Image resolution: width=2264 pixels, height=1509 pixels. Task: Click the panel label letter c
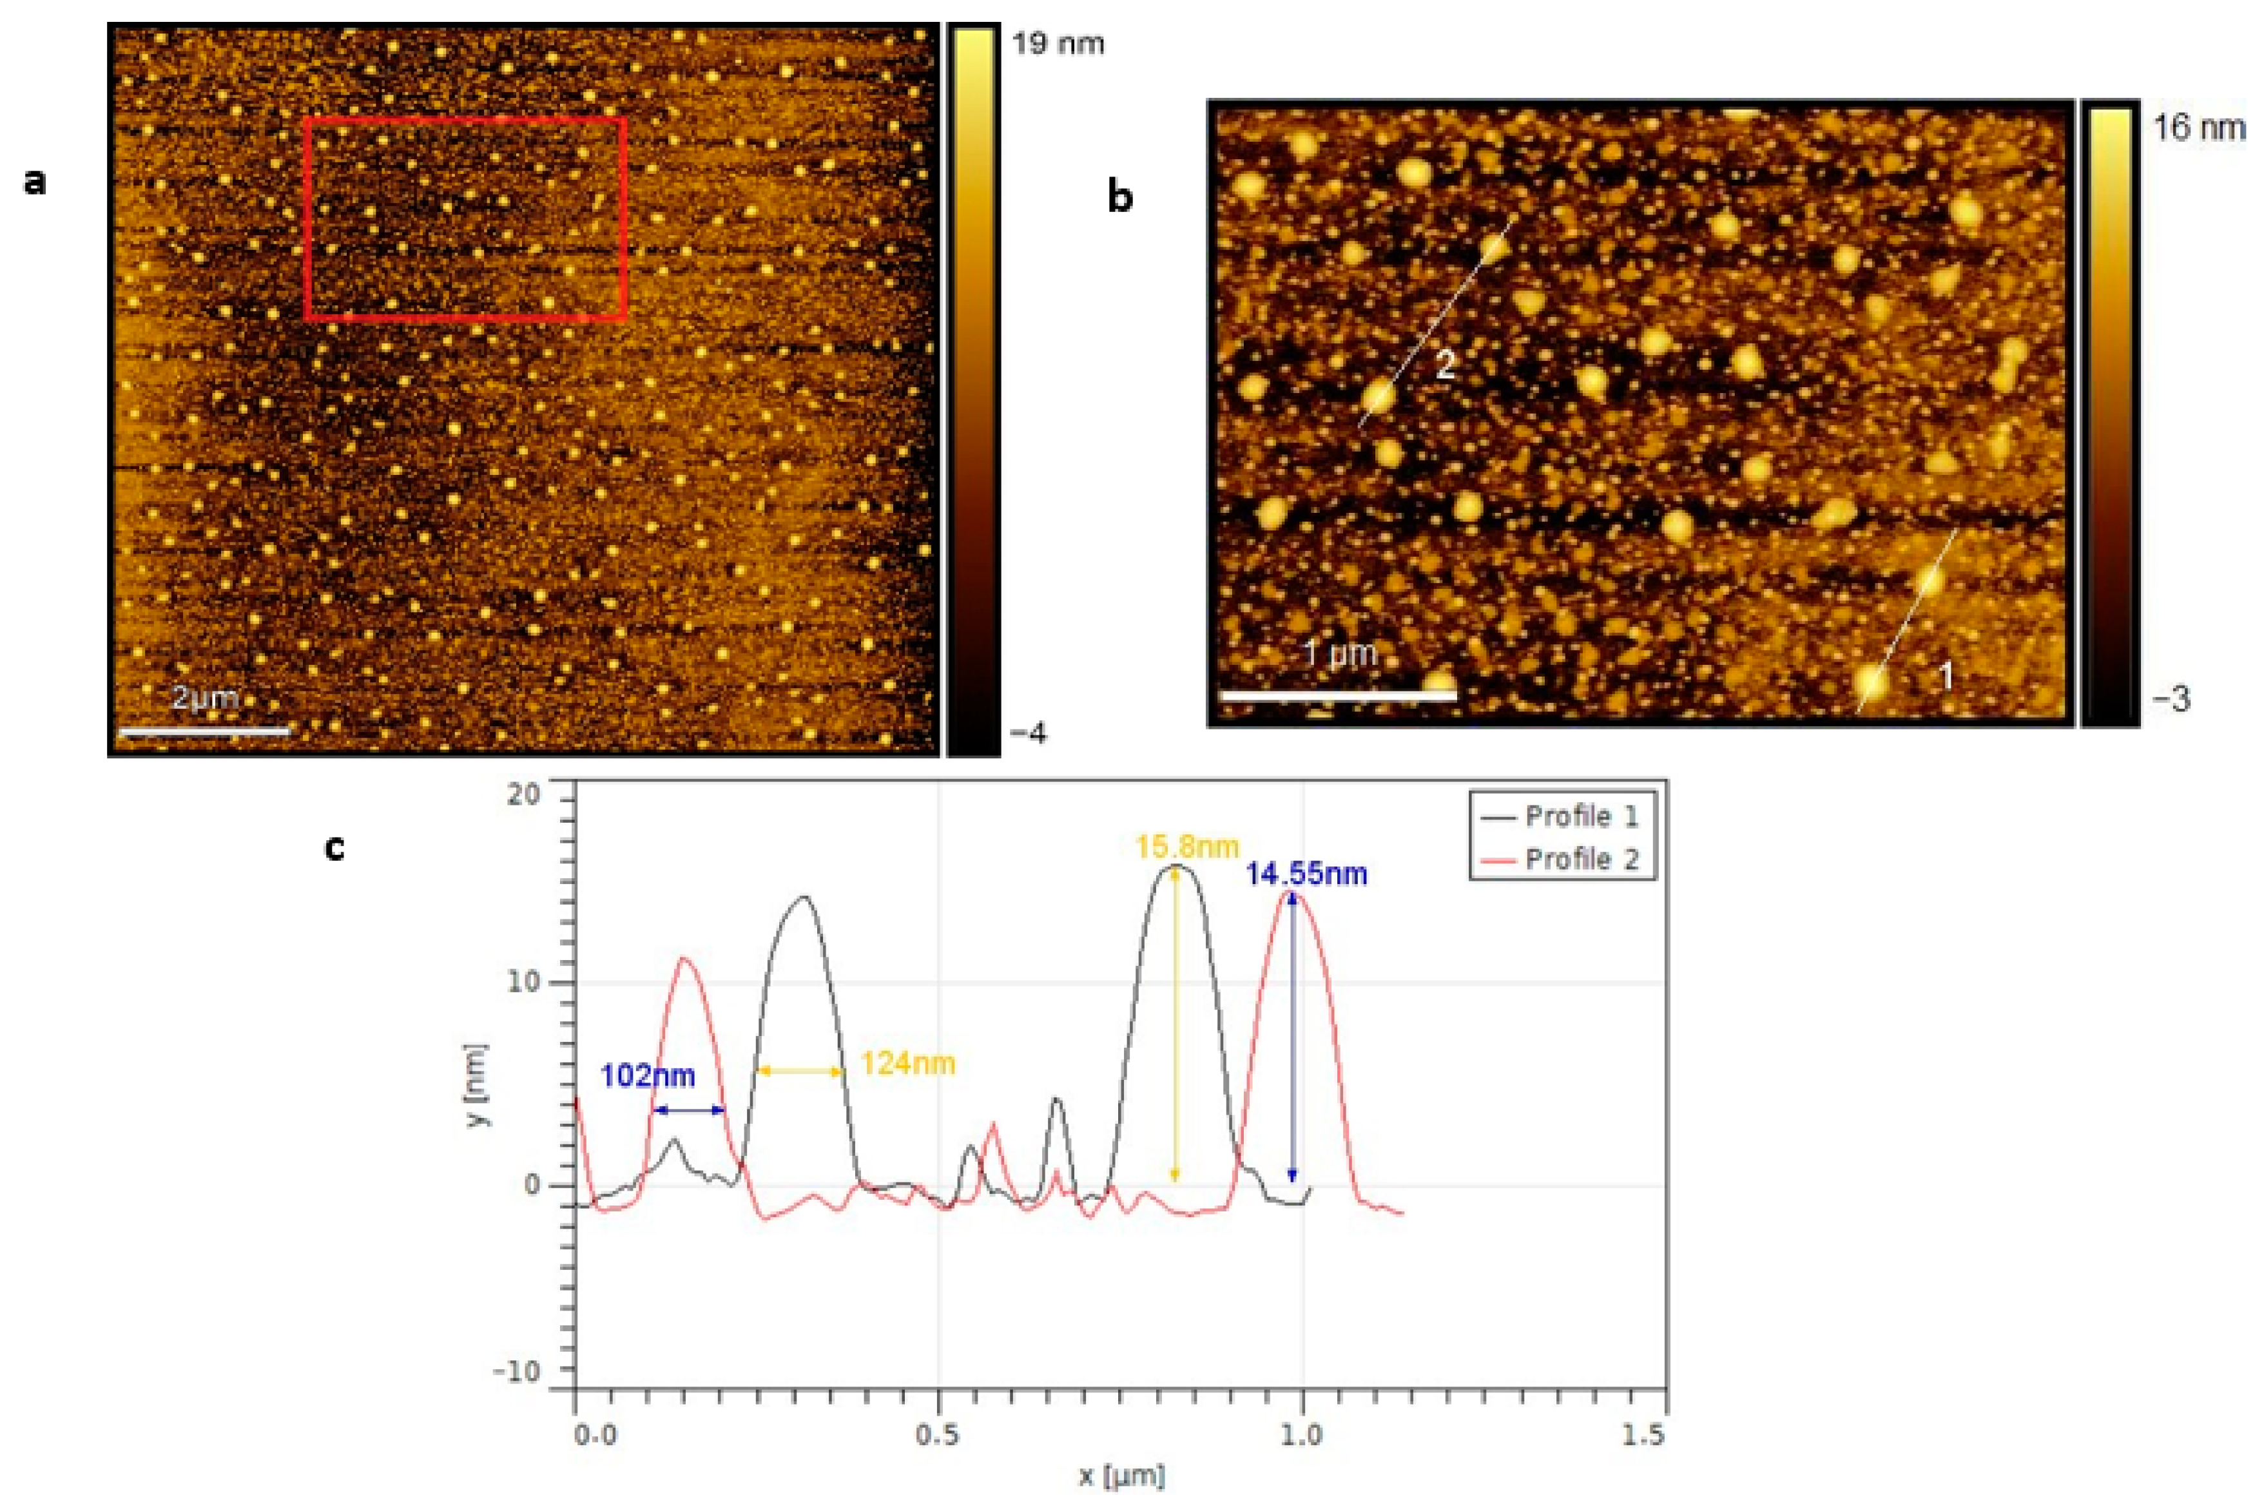point(334,847)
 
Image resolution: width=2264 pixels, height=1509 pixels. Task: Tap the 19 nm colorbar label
point(1058,43)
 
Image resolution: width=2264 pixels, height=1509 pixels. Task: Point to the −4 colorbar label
point(1028,733)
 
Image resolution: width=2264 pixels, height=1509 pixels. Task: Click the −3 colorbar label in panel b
point(2172,698)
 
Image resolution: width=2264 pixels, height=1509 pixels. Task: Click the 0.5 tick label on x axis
point(938,1435)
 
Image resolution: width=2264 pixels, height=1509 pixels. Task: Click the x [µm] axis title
point(1121,1475)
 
